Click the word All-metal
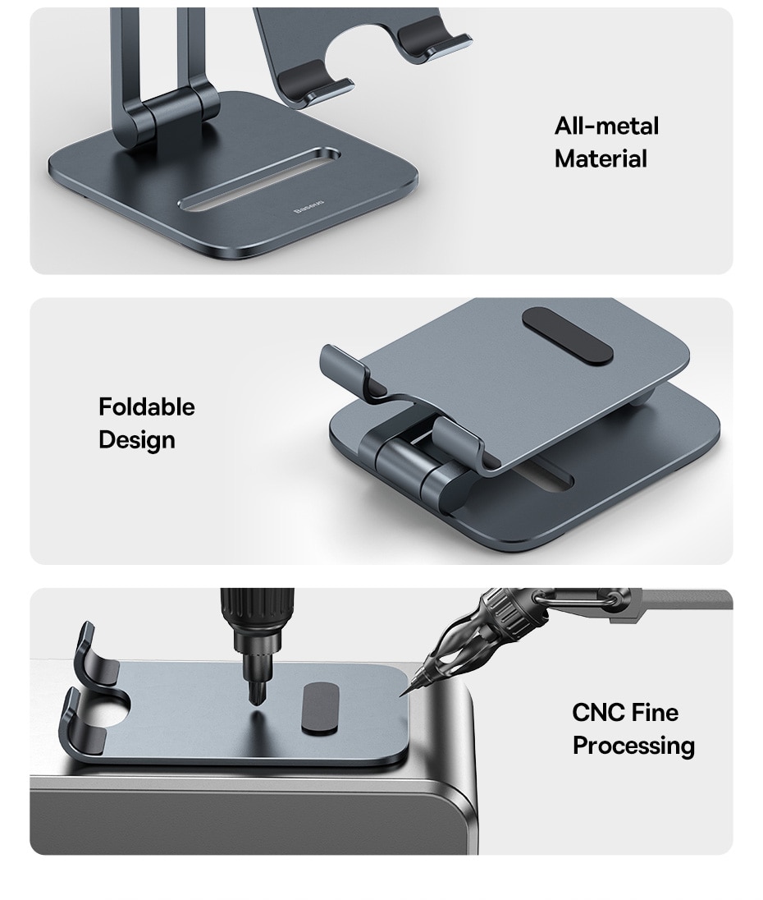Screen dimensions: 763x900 coord(606,126)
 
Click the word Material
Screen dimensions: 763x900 coord(601,159)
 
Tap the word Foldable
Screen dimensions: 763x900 coord(147,407)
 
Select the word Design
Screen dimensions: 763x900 coord(137,440)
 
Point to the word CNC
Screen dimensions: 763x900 coord(598,713)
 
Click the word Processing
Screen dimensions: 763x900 coord(633,746)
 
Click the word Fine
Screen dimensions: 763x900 coord(656,713)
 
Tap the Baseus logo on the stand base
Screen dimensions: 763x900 coord(308,207)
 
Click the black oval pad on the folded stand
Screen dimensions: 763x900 coord(568,335)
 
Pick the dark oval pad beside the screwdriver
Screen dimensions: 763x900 coord(320,708)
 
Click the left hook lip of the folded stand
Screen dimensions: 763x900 coord(343,368)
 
